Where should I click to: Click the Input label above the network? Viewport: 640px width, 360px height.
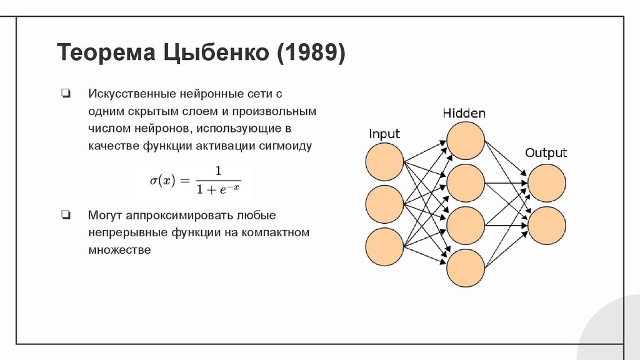[x=384, y=134]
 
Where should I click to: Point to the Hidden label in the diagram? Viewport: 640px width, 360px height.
[x=464, y=113]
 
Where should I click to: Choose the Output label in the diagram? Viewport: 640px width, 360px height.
[x=546, y=153]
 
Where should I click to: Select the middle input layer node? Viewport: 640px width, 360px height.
[x=384, y=204]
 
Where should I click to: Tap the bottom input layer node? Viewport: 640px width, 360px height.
[x=384, y=245]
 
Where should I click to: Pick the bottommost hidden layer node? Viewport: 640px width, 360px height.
[x=466, y=267]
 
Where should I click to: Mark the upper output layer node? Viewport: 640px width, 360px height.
[x=547, y=183]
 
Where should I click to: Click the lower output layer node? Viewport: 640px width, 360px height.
[x=547, y=225]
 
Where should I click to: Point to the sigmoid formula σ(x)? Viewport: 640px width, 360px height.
[x=194, y=180]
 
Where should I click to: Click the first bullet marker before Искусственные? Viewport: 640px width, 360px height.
[x=66, y=94]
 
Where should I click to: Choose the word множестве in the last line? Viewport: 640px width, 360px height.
[x=119, y=250]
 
